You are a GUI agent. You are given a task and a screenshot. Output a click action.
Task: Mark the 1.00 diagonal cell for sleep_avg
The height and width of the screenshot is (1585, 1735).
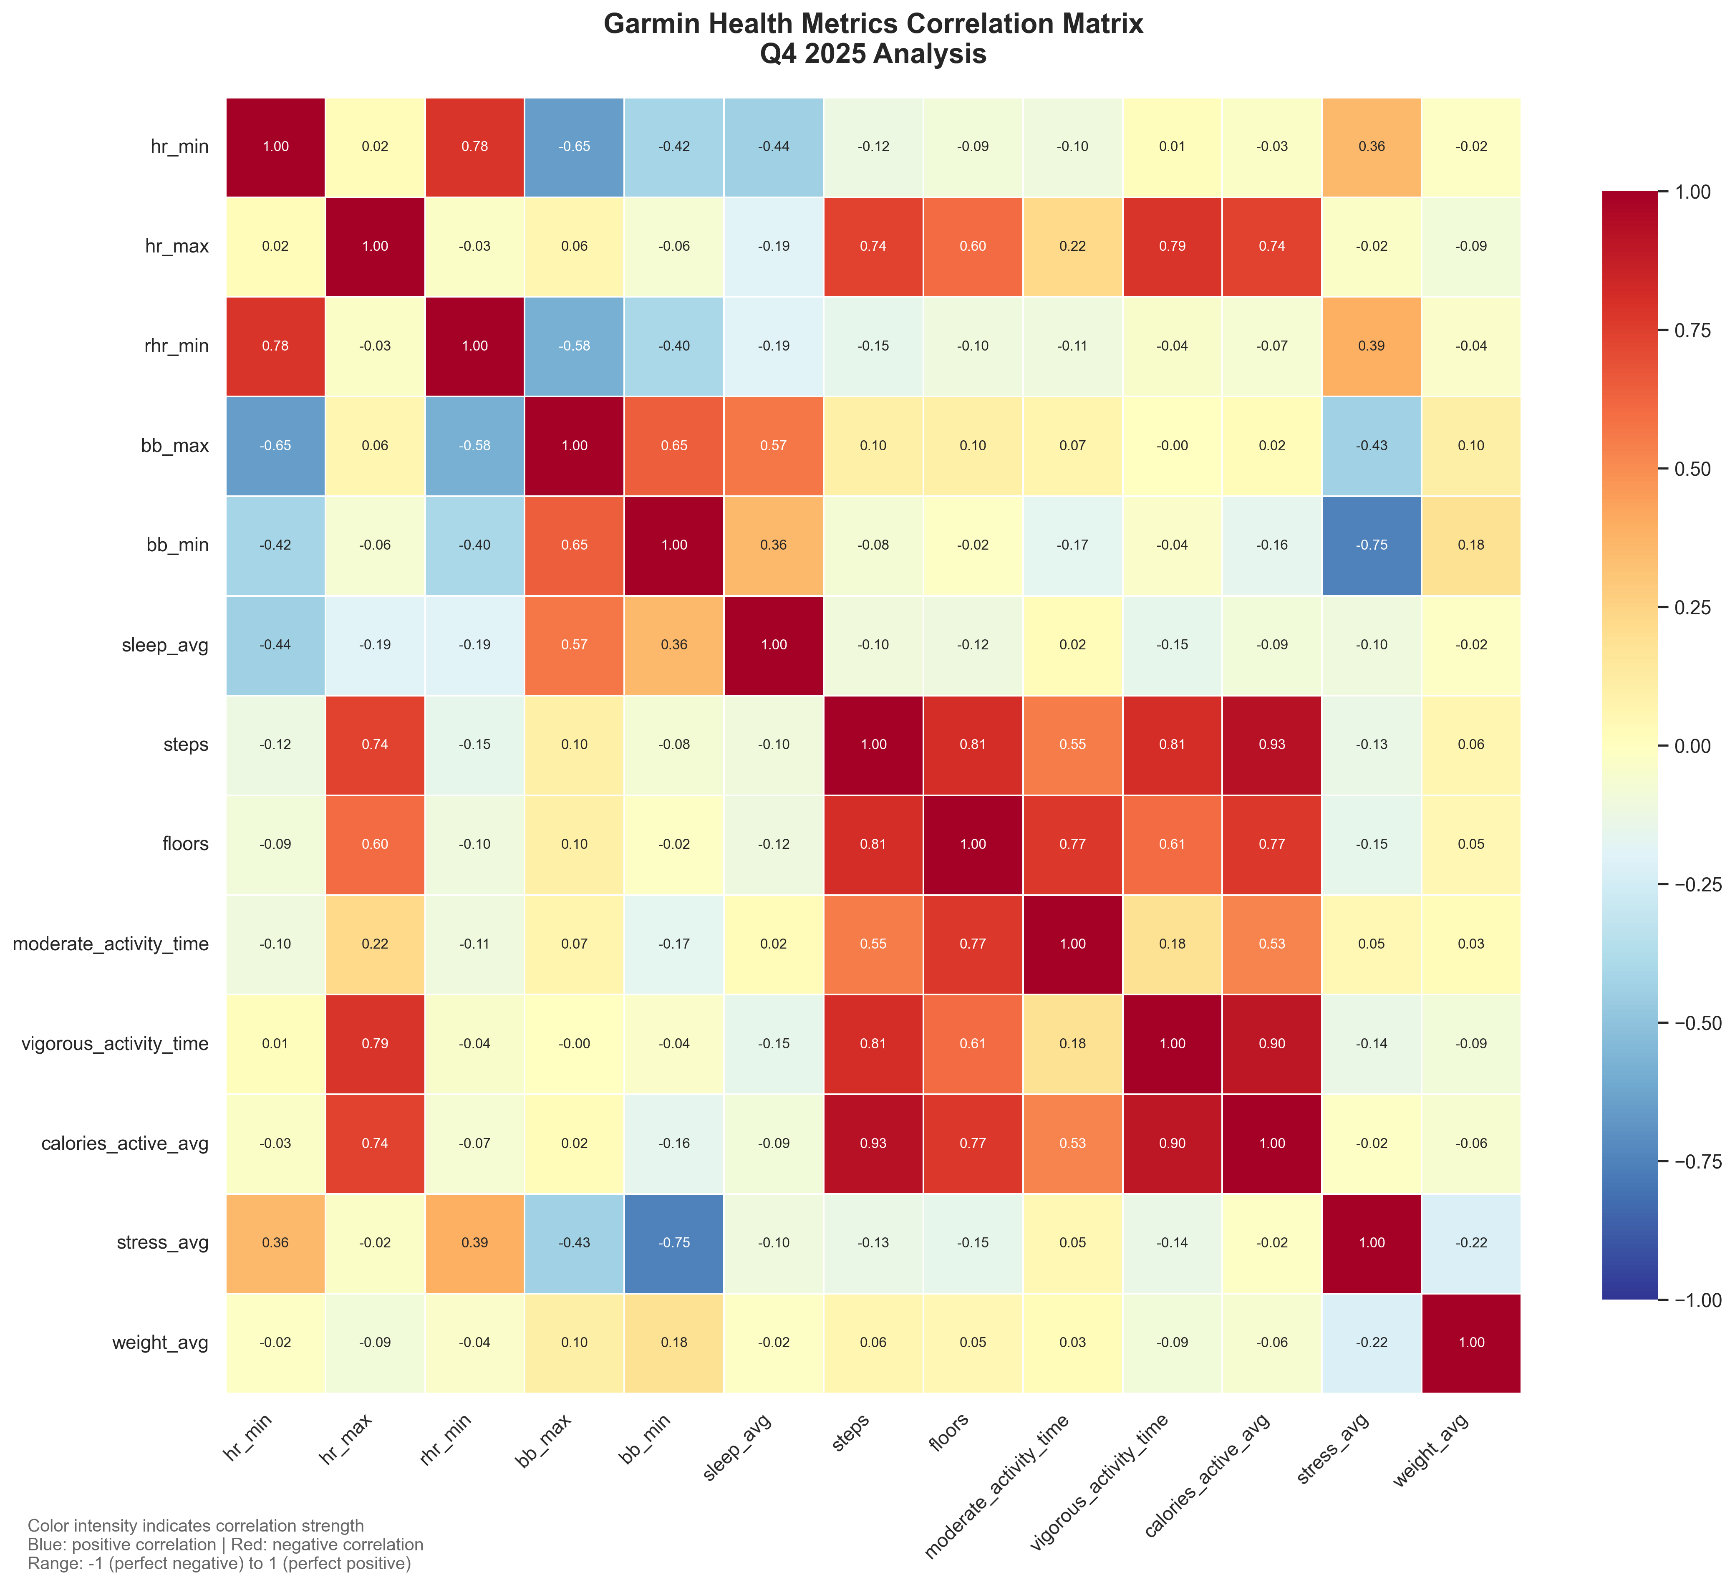774,645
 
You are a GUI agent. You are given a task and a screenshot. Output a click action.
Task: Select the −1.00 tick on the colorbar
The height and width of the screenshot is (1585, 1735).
1692,1299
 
